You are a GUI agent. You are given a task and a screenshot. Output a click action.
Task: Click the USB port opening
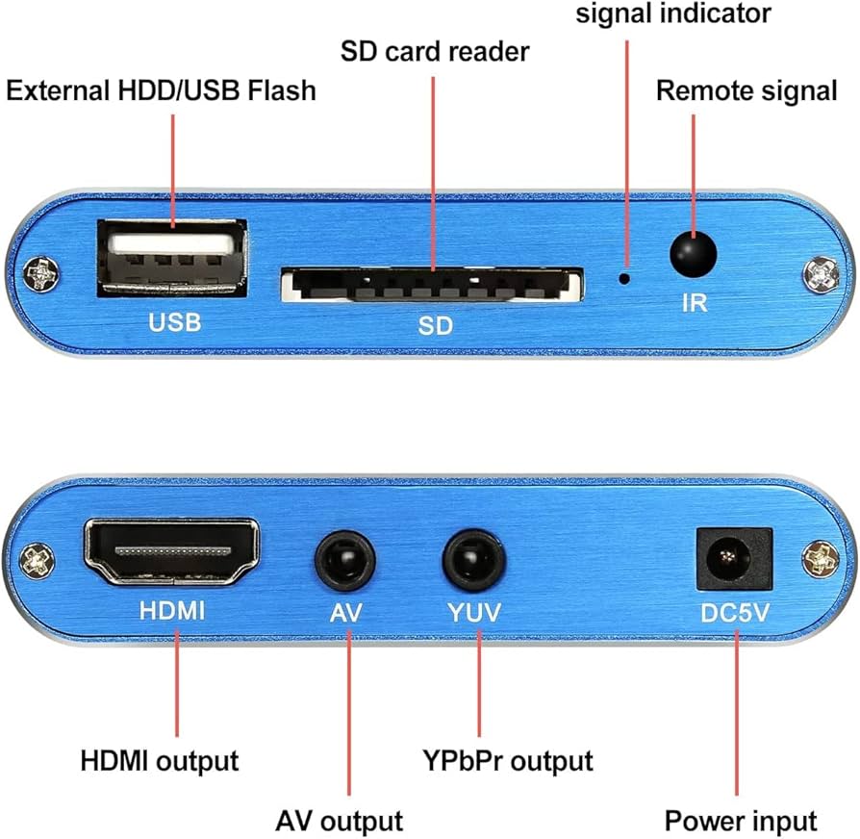(173, 256)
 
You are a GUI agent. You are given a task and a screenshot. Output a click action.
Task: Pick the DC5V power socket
(734, 558)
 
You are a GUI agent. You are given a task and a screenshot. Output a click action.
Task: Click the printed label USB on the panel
(174, 322)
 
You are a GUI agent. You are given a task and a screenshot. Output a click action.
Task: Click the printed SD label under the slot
(435, 325)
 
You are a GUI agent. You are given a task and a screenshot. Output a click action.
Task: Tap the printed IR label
(694, 303)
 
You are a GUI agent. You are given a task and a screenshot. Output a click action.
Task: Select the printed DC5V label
(733, 612)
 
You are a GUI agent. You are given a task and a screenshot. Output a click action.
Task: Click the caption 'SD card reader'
(435, 50)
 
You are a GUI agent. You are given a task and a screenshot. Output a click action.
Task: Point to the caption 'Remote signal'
(746, 90)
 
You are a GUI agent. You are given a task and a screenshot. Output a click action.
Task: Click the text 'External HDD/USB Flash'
(162, 90)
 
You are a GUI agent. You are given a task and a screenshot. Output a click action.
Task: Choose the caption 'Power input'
(741, 821)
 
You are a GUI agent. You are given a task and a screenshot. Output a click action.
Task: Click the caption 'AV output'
(339, 821)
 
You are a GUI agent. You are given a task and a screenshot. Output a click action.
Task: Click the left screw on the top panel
(41, 274)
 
